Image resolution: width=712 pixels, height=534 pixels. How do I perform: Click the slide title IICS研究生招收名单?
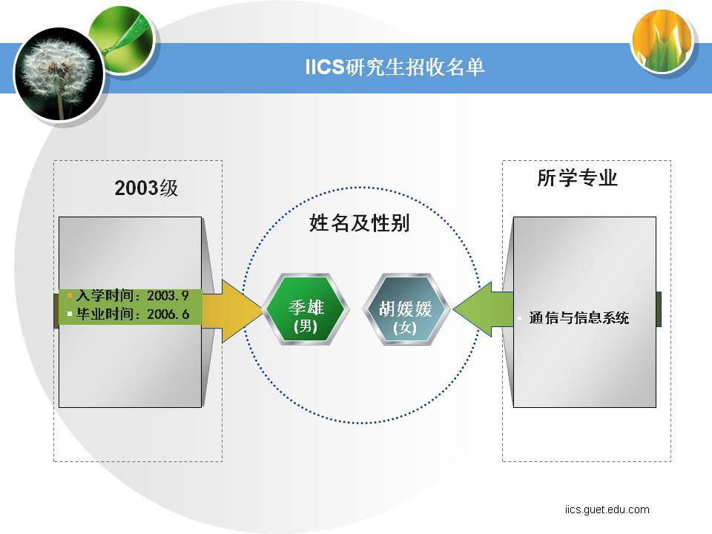pyautogui.click(x=395, y=67)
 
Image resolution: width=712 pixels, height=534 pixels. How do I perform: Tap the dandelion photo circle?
pyautogui.click(x=59, y=74)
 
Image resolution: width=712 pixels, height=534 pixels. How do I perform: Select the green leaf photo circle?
pyautogui.click(x=122, y=40)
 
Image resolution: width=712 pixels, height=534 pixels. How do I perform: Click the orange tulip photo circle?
pyautogui.click(x=662, y=41)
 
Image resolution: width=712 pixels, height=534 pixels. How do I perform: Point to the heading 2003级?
pyautogui.click(x=146, y=188)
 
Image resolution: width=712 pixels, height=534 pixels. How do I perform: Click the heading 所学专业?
pyautogui.click(x=577, y=177)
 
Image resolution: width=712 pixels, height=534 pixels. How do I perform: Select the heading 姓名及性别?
pyautogui.click(x=359, y=223)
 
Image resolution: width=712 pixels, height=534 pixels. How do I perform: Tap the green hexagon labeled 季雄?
pyautogui.click(x=306, y=309)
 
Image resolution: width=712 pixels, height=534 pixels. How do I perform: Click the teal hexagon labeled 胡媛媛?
pyautogui.click(x=406, y=309)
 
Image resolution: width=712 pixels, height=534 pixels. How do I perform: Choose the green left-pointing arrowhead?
pyautogui.click(x=472, y=309)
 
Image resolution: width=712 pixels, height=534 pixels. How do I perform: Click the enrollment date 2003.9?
pyautogui.click(x=168, y=296)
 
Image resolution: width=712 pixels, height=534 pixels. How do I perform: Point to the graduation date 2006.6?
pyautogui.click(x=168, y=314)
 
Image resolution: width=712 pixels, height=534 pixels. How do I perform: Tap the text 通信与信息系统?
pyautogui.click(x=579, y=318)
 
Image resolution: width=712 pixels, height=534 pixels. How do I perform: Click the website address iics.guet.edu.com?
pyautogui.click(x=607, y=510)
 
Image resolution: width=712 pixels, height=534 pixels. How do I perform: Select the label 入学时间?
pyautogui.click(x=105, y=296)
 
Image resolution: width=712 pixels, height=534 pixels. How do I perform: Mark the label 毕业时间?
pyautogui.click(x=105, y=314)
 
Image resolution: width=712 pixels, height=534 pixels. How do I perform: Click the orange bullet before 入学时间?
pyautogui.click(x=70, y=296)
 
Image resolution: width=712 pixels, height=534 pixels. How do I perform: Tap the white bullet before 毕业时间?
pyautogui.click(x=70, y=314)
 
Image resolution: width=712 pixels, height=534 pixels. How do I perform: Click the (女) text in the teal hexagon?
pyautogui.click(x=405, y=327)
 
